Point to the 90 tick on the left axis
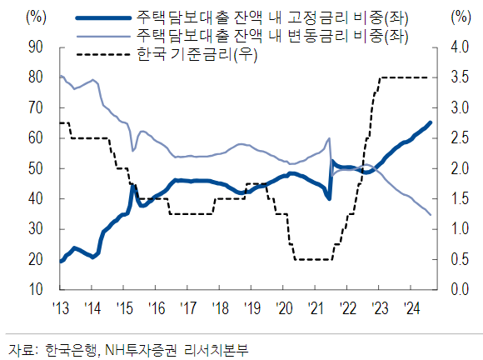36,47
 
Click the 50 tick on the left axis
36,168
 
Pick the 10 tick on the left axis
36,289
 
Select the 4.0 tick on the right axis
457,47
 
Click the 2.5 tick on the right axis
457,138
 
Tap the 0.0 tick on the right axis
457,289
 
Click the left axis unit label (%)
37,17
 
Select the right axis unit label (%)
459,17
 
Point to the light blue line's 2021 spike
330,138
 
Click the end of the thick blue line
431,122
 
